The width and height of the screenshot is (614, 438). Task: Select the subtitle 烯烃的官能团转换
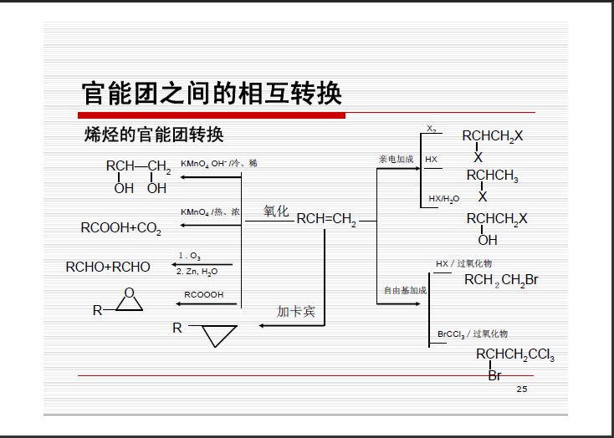(x=154, y=135)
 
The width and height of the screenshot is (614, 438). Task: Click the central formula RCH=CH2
(x=326, y=220)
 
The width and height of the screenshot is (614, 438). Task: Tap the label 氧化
(x=276, y=211)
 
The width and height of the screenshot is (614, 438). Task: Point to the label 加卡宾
(x=296, y=312)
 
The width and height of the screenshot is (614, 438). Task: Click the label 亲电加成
(x=396, y=159)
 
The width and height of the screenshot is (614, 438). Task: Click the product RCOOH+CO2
(x=120, y=227)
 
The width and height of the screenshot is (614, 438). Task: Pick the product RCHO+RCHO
(x=108, y=267)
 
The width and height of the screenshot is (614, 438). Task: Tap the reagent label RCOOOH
(x=203, y=294)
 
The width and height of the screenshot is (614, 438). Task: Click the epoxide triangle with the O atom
(x=128, y=302)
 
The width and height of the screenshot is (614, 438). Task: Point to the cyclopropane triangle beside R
(x=219, y=335)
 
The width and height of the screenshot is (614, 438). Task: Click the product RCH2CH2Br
(x=501, y=280)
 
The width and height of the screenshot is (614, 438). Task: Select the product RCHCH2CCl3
(x=514, y=355)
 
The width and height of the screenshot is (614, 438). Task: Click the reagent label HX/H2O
(x=443, y=199)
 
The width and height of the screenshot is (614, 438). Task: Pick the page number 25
(x=522, y=390)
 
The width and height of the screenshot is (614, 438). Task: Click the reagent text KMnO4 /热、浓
(x=210, y=212)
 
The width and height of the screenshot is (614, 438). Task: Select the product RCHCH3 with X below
(x=492, y=176)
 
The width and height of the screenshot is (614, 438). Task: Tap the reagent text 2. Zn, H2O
(x=197, y=272)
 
